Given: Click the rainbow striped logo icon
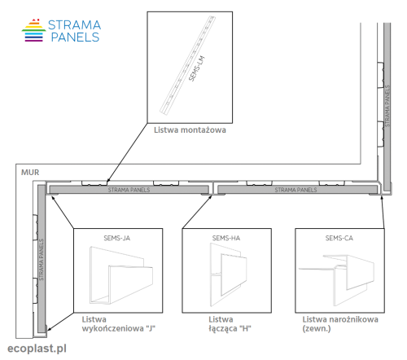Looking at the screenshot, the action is pyautogui.click(x=33, y=30).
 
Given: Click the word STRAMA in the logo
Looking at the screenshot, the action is pyautogui.click(x=74, y=25).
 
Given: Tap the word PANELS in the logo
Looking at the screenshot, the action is pyautogui.click(x=75, y=37).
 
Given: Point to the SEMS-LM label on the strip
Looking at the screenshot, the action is pyautogui.click(x=196, y=68).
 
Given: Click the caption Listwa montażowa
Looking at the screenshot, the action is pyautogui.click(x=190, y=130).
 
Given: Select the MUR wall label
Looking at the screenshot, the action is pyautogui.click(x=30, y=173).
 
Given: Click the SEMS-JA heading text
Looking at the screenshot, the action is pyautogui.click(x=117, y=238).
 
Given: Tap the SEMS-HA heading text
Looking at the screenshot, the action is pyautogui.click(x=226, y=238).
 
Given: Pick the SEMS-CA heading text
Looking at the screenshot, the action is pyautogui.click(x=339, y=238).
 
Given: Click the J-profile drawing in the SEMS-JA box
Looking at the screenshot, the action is pyautogui.click(x=121, y=275).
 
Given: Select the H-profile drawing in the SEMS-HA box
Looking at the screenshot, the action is pyautogui.click(x=229, y=274).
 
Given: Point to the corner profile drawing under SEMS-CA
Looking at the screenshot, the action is pyautogui.click(x=336, y=279).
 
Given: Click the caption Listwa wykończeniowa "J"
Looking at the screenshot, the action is pyautogui.click(x=119, y=324).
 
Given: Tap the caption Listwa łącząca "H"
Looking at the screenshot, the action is pyautogui.click(x=230, y=324).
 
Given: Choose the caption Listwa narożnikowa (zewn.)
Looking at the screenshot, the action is pyautogui.click(x=340, y=324).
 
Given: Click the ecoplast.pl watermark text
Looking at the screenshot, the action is pyautogui.click(x=37, y=349).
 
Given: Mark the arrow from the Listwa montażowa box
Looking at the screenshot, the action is pyautogui.click(x=127, y=152).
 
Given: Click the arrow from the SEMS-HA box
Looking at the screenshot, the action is pyautogui.click(x=197, y=212).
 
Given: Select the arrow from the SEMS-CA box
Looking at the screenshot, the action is pyautogui.click(x=383, y=212).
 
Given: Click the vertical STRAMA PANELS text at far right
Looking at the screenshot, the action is pyautogui.click(x=387, y=106).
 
